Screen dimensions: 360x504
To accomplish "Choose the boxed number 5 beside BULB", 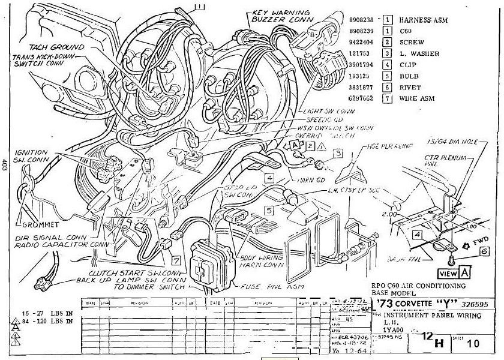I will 388,76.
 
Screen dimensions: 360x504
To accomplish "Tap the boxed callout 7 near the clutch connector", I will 175,261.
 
